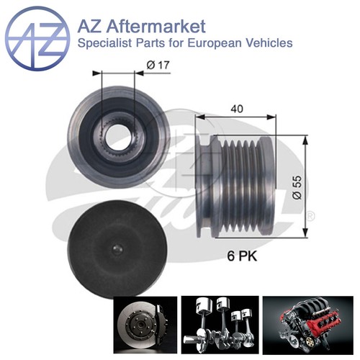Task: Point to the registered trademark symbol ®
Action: point(310,215)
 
